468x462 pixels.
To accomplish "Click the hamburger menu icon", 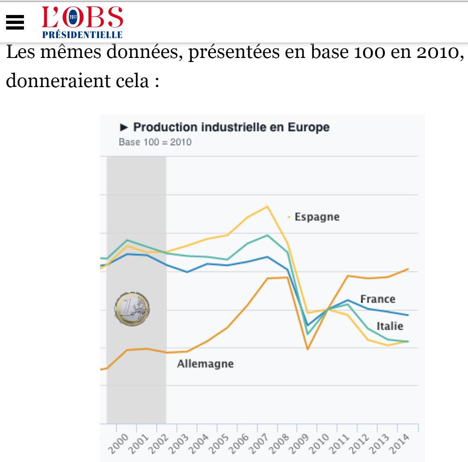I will [x=15, y=23].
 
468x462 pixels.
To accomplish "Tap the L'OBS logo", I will [x=82, y=18].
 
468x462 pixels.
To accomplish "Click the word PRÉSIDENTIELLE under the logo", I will [x=82, y=35].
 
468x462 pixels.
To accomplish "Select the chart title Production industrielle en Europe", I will [x=231, y=127].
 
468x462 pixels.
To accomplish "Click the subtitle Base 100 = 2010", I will [x=155, y=142].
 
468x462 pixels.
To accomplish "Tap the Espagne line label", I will [x=317, y=217].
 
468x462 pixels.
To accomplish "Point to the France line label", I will [x=377, y=299].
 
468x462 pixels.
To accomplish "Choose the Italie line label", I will [x=390, y=326].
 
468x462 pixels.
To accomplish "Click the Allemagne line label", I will [x=205, y=364].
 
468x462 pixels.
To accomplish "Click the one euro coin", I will [x=132, y=309].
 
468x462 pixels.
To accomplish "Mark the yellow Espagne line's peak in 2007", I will [x=267, y=207].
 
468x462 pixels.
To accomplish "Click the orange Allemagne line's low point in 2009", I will [x=307, y=349].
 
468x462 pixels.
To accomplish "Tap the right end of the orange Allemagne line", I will [x=408, y=269].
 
